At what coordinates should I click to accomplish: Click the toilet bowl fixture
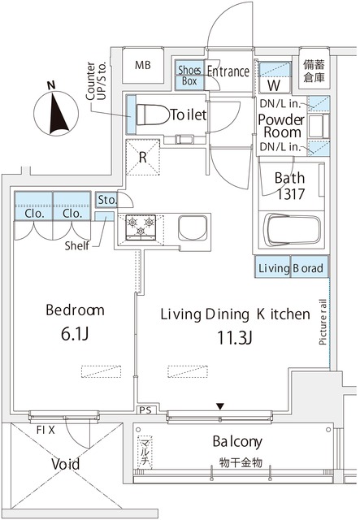pos(153,115)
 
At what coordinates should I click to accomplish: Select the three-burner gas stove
pos(141,227)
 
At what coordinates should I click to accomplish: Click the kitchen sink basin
pos(193,227)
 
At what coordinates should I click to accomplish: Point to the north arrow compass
pos(56,113)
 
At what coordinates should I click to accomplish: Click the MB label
pos(143,65)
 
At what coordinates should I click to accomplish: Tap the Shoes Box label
pos(189,76)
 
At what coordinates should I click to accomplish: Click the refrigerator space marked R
pos(143,157)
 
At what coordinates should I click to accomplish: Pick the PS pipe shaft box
pos(145,410)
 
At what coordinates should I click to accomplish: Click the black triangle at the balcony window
pos(220,406)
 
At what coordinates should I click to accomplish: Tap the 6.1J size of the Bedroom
pos(75,334)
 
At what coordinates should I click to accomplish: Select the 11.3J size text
pos(235,338)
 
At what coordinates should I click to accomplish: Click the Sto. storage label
pos(107,200)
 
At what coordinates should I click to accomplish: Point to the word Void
pos(65,464)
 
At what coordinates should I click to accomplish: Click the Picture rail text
pos(322,322)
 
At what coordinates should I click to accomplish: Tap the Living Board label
pos(291,267)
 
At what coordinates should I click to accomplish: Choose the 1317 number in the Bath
pos(290,194)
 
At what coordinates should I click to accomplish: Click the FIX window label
pos(46,430)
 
